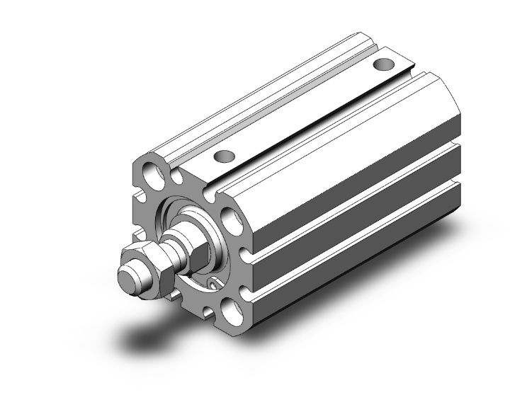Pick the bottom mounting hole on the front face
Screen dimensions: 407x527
(231, 309)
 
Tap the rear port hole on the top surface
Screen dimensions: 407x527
(383, 64)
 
